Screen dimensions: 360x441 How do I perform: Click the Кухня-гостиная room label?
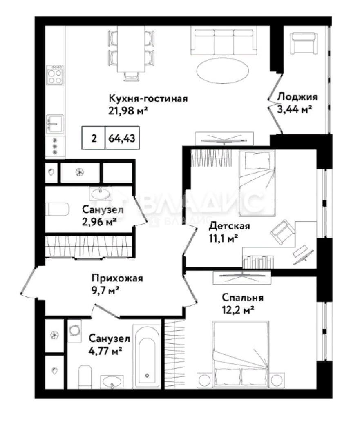tap(148, 99)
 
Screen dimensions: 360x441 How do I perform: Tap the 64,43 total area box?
tap(122, 138)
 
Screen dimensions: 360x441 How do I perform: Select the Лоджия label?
tap(297, 97)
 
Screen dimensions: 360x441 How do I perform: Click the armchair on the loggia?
tap(304, 43)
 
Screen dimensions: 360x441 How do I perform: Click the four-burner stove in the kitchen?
tap(55, 75)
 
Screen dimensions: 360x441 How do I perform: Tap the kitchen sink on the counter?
tap(55, 123)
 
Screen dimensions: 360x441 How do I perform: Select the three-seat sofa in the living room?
tap(224, 40)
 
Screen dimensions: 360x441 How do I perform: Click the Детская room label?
tap(229, 226)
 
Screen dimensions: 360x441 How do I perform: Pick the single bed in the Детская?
tap(257, 184)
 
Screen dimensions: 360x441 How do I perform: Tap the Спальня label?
tap(243, 298)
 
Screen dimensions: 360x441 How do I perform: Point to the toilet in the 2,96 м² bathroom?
tap(57, 209)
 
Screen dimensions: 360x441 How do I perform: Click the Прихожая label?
tap(117, 278)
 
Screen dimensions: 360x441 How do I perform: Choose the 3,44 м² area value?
tap(295, 109)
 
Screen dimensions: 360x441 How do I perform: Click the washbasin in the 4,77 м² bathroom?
tap(112, 381)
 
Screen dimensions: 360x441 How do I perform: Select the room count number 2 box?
tap(94, 138)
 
